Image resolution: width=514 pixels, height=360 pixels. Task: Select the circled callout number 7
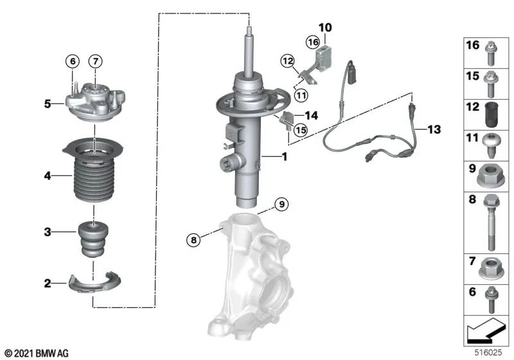(x=94, y=61)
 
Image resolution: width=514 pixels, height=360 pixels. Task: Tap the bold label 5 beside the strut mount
(x=47, y=102)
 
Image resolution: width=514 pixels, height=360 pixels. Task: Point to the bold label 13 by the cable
(x=434, y=130)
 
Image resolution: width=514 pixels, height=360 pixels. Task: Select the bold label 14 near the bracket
(x=311, y=116)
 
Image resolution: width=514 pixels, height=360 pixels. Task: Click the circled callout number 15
(x=299, y=129)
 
